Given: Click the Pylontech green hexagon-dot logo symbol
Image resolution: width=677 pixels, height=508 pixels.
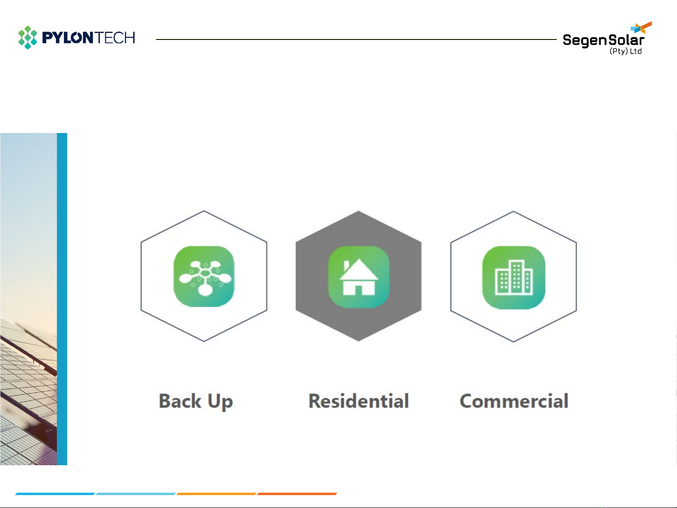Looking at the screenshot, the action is (27, 37).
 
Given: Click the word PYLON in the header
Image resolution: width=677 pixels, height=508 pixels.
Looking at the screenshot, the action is (68, 38).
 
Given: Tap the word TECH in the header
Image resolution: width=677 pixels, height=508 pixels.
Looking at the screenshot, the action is (115, 38).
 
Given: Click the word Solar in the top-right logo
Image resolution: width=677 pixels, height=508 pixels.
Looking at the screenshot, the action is (626, 40).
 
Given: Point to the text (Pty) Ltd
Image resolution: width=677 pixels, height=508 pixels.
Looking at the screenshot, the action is (625, 51).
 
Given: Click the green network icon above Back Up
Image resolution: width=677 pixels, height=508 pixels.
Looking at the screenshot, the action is (204, 276).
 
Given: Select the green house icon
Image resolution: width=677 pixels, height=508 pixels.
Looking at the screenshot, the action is (358, 277).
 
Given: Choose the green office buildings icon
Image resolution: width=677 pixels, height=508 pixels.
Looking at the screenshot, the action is (514, 277).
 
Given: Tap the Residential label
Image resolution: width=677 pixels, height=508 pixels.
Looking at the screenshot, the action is (359, 401).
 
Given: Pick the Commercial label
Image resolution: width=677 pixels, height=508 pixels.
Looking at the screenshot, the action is (514, 401).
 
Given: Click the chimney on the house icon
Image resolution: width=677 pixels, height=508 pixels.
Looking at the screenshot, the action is (346, 266).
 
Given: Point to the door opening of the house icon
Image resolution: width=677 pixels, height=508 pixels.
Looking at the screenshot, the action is (358, 290).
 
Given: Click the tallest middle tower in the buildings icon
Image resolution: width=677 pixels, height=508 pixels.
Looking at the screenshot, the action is (516, 277).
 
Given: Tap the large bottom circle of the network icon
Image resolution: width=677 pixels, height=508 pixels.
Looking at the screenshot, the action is (205, 290).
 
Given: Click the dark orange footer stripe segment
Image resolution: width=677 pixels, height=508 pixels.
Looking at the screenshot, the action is (297, 494).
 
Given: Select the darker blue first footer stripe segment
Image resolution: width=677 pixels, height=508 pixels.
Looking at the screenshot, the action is (55, 494).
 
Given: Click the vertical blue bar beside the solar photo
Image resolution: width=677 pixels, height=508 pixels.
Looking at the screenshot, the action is (62, 299).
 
